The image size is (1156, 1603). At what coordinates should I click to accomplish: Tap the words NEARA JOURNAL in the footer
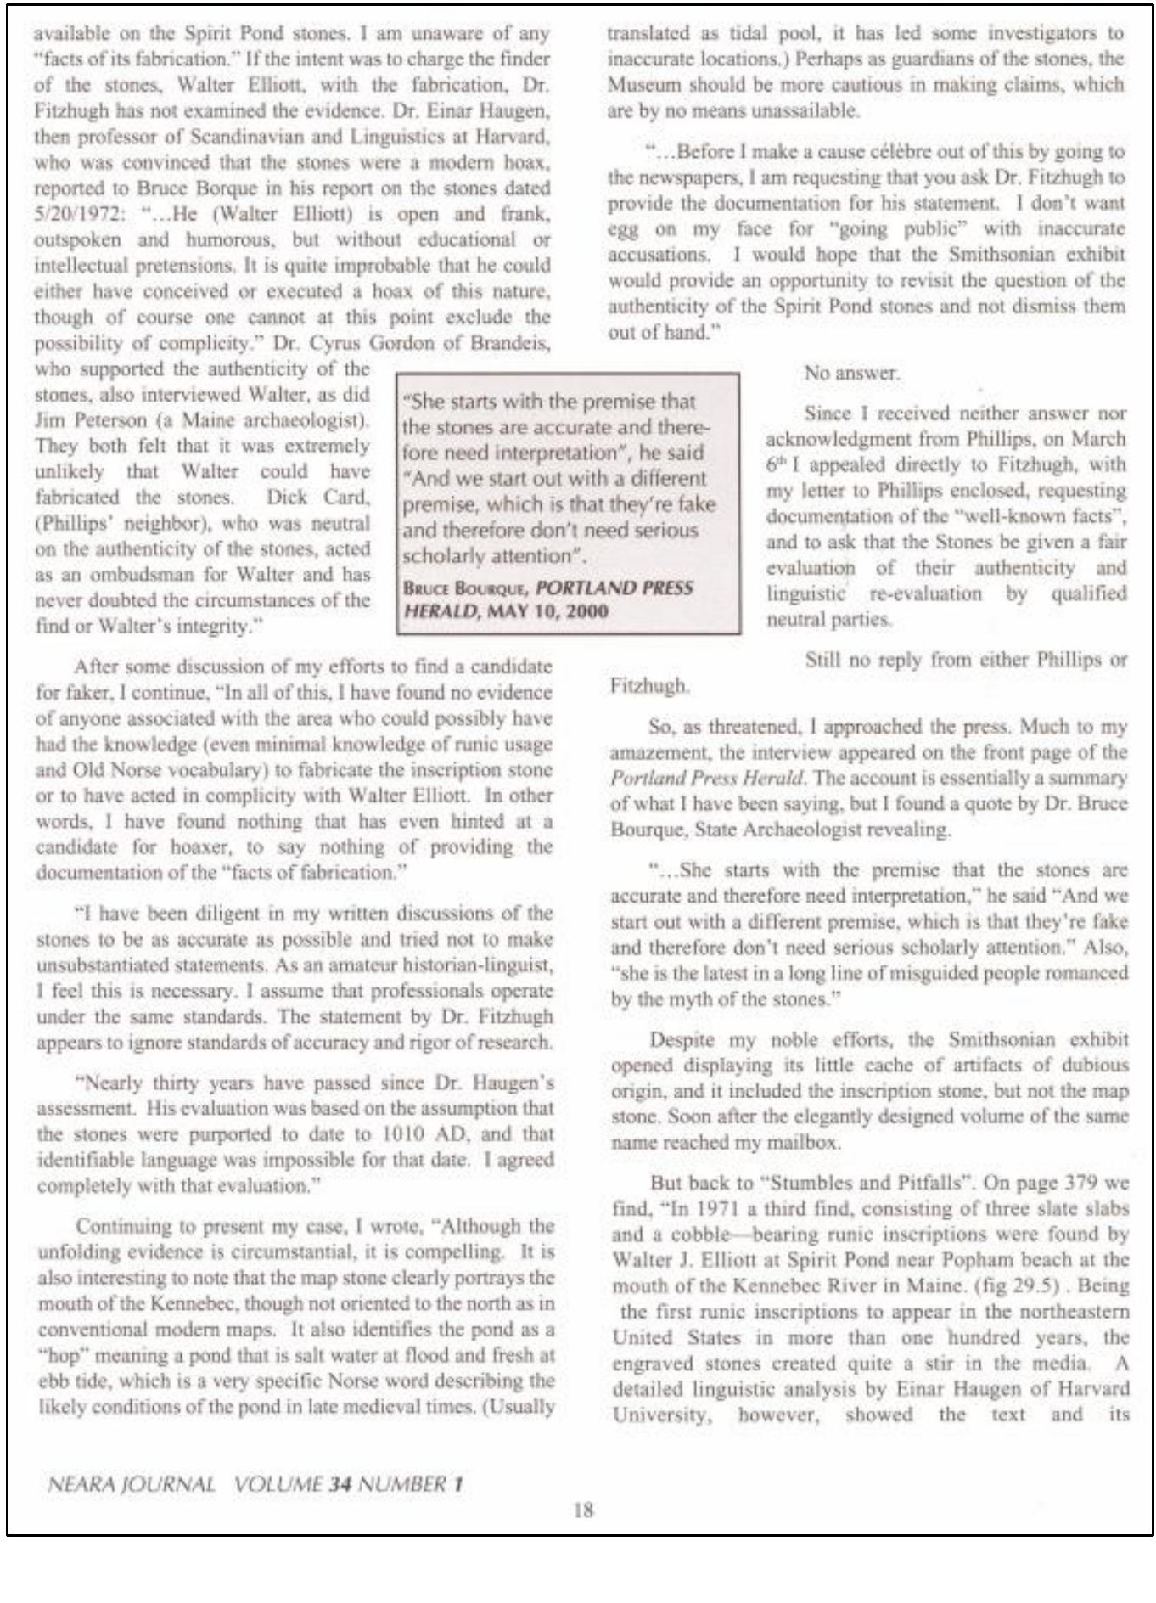(x=132, y=1485)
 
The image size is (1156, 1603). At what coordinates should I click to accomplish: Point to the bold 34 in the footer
(x=340, y=1485)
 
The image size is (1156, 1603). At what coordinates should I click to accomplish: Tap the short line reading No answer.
(x=851, y=373)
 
